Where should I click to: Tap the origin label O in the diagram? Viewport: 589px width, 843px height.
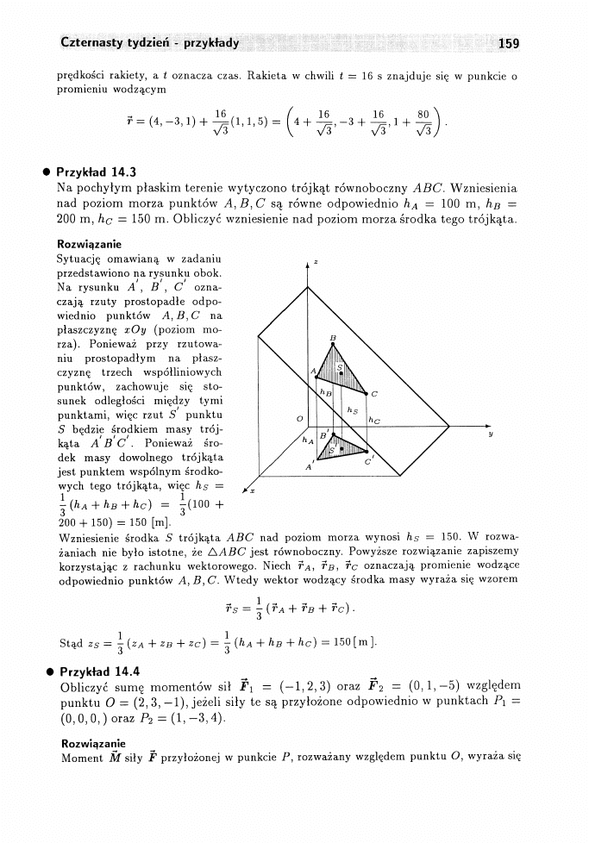[298, 419]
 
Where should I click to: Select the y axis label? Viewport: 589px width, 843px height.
[489, 434]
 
